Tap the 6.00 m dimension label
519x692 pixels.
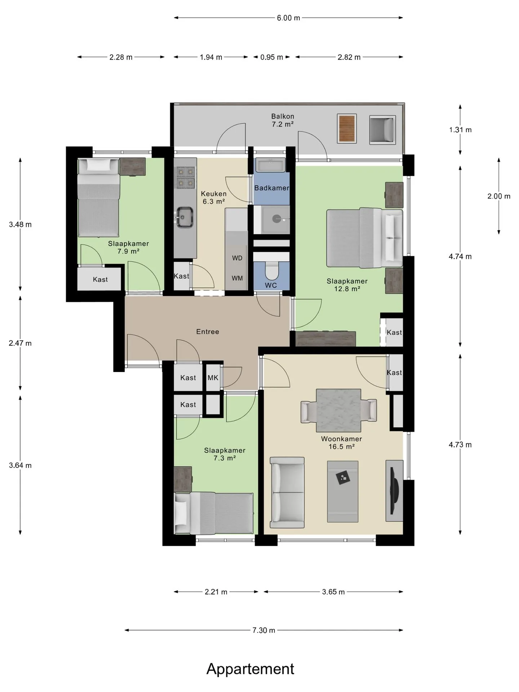tap(288, 18)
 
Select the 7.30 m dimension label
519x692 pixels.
tap(263, 630)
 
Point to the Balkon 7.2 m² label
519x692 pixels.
tap(283, 120)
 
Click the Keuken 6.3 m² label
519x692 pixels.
tap(214, 198)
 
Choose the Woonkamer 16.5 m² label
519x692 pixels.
tap(341, 443)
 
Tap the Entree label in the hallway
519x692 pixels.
tap(208, 332)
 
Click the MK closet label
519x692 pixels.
tap(213, 378)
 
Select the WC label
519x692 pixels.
tap(271, 285)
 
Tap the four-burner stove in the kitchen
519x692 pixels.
tap(185, 178)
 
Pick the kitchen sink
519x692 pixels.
tap(185, 217)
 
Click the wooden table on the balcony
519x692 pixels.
tap(347, 129)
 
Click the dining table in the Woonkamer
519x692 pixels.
tap(338, 411)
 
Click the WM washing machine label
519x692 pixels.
tap(237, 278)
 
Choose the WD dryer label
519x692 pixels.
tap(237, 258)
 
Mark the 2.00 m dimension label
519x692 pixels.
tap(499, 196)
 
